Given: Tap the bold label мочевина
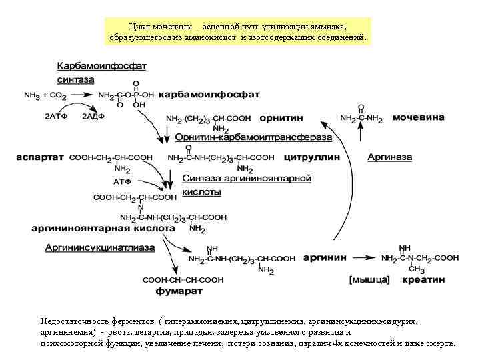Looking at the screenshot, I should pos(419,117).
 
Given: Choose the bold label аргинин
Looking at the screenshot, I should pos(325,257).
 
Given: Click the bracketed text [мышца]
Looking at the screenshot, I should pos(369,280).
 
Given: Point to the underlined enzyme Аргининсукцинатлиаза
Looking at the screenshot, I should pos(100,247).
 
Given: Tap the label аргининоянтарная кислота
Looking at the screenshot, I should pos(103,228).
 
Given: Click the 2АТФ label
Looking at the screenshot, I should pos(55,116).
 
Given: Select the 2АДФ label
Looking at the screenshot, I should pos(93,116).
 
